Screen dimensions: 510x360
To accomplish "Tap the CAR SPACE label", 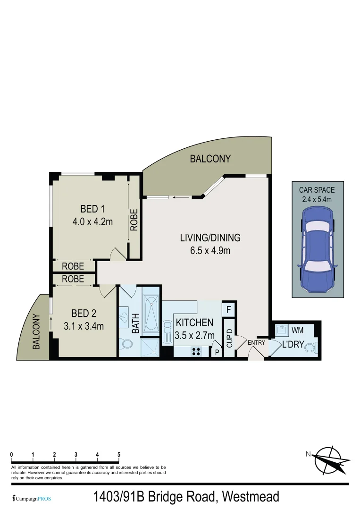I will (x=317, y=190).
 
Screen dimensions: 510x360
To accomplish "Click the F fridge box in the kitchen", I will (x=228, y=310).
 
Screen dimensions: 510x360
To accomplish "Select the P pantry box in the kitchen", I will (x=217, y=351).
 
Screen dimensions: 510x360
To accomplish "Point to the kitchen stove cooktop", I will (x=196, y=351).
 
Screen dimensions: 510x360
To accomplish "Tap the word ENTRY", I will (x=256, y=342).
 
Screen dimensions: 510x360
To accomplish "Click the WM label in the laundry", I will (x=297, y=329).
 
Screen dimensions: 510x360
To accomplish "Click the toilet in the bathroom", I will (x=125, y=345).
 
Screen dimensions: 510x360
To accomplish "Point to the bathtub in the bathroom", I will (x=151, y=313).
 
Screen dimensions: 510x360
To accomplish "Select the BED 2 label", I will (x=84, y=313).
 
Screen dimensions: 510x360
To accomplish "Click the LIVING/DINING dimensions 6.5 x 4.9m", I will (x=207, y=250).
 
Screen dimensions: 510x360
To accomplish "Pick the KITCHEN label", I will (x=194, y=323).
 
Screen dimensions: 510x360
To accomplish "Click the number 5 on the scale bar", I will (x=119, y=455).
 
